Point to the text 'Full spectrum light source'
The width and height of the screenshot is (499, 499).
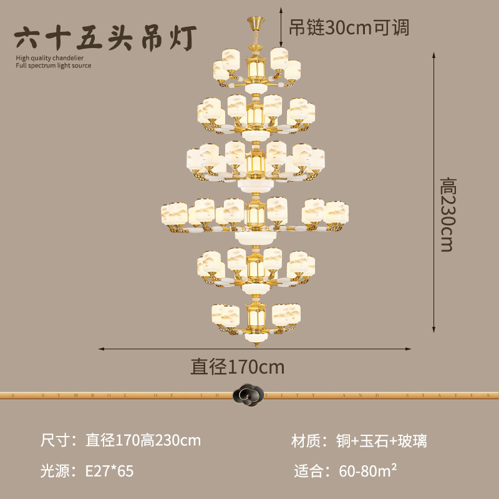click(x=53, y=65)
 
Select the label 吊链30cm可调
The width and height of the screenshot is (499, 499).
click(x=349, y=27)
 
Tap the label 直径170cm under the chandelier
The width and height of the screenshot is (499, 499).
click(x=238, y=367)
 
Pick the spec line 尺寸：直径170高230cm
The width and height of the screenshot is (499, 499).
click(x=120, y=441)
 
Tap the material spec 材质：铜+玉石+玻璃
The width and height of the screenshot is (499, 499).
click(x=359, y=441)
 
